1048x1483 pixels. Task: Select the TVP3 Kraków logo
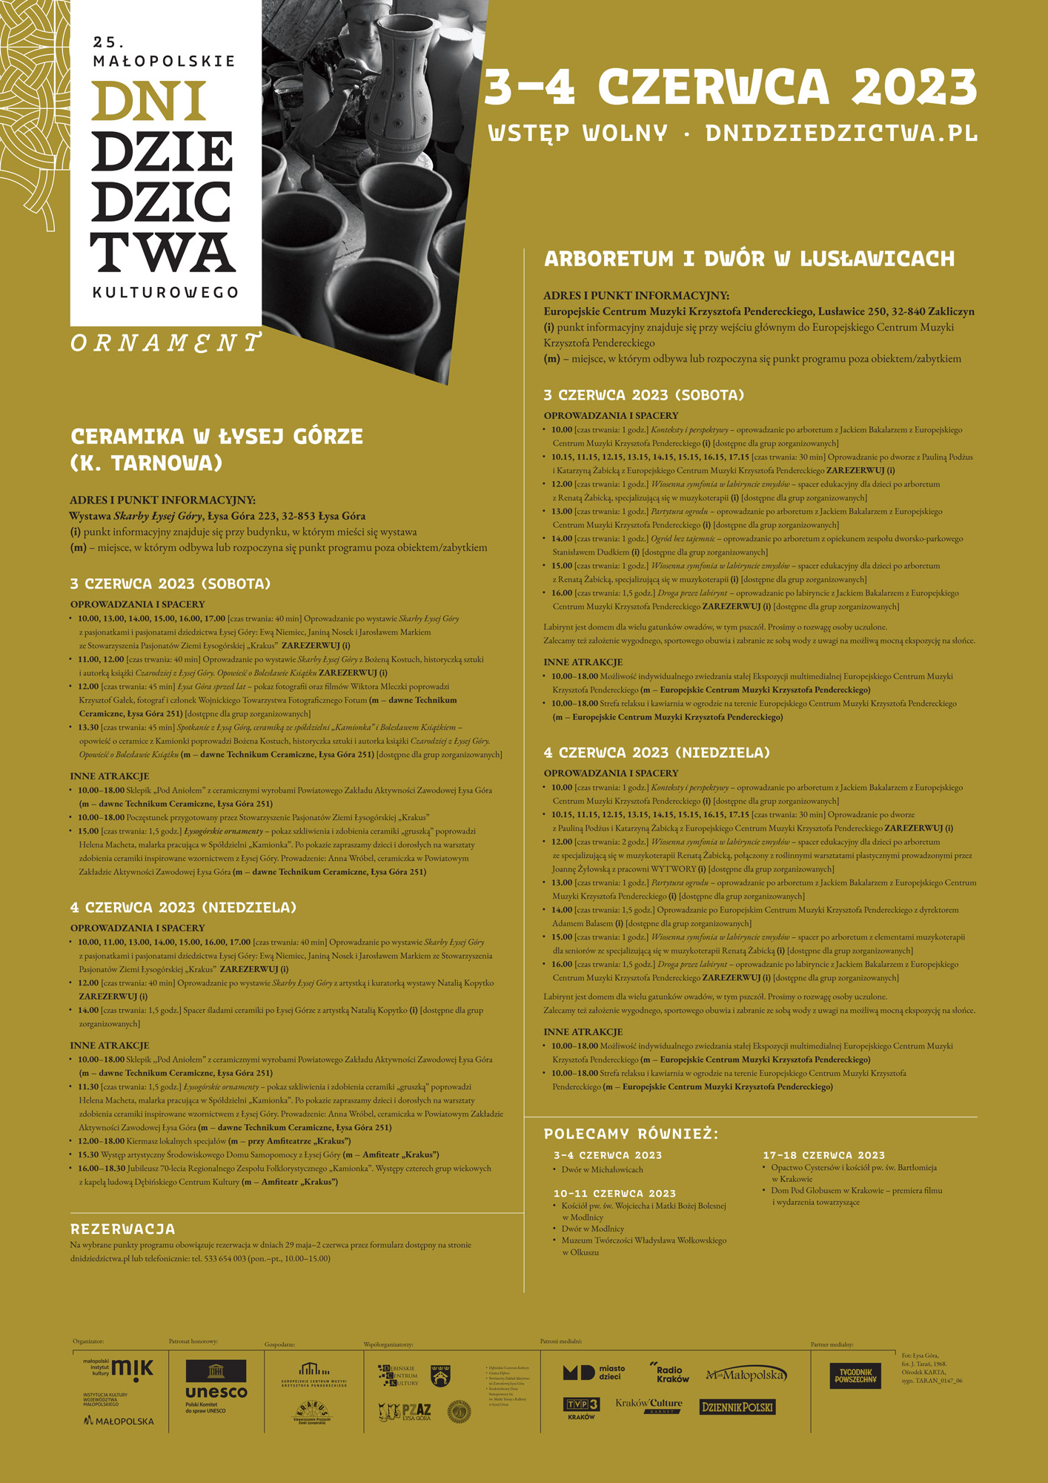(581, 1407)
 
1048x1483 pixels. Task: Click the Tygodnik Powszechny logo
(855, 1375)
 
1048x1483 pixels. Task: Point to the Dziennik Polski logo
(737, 1407)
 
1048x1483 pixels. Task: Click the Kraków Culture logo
(649, 1405)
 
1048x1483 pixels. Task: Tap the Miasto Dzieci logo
(594, 1373)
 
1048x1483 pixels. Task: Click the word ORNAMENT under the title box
(165, 343)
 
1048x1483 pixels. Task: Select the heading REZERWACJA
(123, 1229)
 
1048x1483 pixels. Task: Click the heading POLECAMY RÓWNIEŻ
(631, 1134)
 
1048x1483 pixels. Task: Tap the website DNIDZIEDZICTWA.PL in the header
(841, 133)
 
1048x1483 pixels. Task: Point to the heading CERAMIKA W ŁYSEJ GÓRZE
(216, 437)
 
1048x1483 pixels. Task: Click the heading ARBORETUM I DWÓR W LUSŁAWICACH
(749, 259)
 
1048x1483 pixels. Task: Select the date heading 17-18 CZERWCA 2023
(823, 1155)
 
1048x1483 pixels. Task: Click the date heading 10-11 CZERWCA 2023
(614, 1193)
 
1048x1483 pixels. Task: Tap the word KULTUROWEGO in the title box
(165, 292)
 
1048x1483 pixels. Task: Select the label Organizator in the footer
(88, 1341)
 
